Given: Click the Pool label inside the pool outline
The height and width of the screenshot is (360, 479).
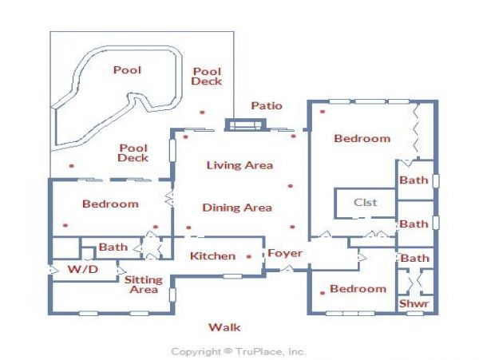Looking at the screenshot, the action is click(x=127, y=70).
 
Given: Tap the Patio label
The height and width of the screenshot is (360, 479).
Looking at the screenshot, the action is click(x=267, y=105).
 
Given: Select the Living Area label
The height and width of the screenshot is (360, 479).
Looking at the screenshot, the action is click(x=239, y=165).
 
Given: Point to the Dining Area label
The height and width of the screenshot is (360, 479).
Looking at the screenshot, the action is click(x=237, y=208).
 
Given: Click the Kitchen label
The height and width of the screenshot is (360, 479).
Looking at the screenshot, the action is click(x=212, y=256).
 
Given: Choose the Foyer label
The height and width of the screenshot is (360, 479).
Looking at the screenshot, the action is click(x=285, y=253).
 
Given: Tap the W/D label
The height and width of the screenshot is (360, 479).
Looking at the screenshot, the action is click(x=83, y=269).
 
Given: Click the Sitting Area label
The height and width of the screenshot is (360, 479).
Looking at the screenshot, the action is click(x=143, y=284).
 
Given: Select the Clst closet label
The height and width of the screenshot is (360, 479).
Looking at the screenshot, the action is click(x=366, y=202).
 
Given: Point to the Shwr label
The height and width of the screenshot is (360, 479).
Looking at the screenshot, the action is click(x=414, y=303).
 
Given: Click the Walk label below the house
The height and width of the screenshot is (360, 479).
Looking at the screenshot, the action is click(x=224, y=327).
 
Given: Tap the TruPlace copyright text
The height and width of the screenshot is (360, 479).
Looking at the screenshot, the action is click(x=238, y=351).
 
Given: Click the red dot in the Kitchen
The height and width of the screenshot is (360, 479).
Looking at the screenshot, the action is click(x=248, y=256).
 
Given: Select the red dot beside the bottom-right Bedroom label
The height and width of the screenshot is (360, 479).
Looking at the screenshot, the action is click(x=323, y=293).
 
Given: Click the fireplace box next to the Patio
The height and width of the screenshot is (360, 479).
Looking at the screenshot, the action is click(x=246, y=125).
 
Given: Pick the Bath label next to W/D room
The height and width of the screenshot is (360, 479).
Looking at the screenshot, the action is click(x=113, y=247).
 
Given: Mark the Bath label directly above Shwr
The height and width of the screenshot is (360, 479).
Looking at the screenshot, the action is click(x=414, y=259).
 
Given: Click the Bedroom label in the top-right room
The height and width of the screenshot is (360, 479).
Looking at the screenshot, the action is click(x=362, y=138).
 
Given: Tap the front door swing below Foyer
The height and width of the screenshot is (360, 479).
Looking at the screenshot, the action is click(x=287, y=269).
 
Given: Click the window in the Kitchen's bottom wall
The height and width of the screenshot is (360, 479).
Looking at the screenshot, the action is click(x=232, y=276).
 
